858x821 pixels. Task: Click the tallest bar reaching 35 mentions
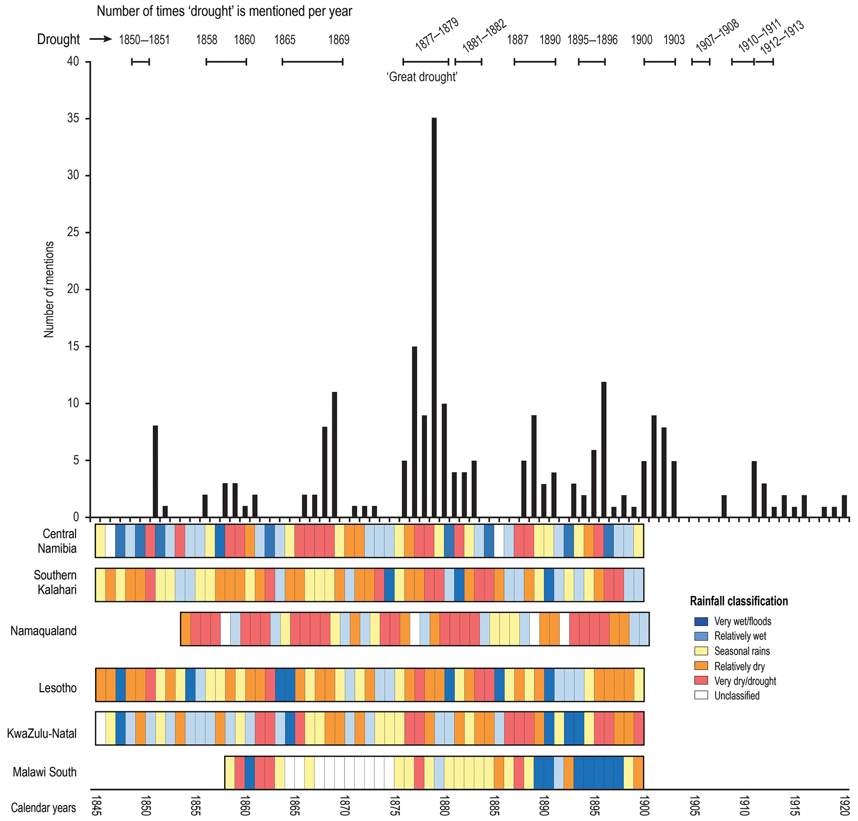[x=434, y=317]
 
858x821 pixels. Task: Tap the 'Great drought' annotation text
[x=422, y=77]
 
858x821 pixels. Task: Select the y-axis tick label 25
[x=73, y=232]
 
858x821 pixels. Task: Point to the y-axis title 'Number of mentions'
[x=49, y=289]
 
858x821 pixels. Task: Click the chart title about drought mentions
[x=224, y=11]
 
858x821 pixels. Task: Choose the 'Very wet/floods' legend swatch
[x=701, y=621]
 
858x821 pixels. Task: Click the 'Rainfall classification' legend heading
[x=738, y=601]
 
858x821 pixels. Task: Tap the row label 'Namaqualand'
[x=43, y=631]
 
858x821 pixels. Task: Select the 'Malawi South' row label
[x=44, y=772]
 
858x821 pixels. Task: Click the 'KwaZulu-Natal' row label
[x=42, y=733]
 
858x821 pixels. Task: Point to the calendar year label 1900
[x=643, y=806]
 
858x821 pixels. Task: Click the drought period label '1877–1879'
[x=436, y=34]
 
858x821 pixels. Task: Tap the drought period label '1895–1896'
[x=592, y=40]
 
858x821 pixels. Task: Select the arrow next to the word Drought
[x=101, y=39]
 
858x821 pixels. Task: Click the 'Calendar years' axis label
[x=43, y=807]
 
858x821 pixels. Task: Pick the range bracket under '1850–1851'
[x=141, y=62]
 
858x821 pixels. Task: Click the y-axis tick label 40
[x=73, y=62]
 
